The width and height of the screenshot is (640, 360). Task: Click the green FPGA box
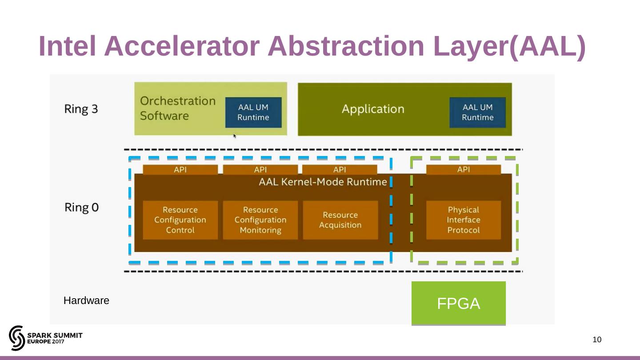[x=458, y=303]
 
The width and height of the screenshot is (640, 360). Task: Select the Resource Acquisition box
[x=340, y=220]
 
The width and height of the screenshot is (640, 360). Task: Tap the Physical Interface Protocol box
[x=463, y=220]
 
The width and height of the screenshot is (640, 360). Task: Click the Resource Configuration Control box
[x=180, y=220]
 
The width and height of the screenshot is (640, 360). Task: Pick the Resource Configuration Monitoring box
[x=260, y=220]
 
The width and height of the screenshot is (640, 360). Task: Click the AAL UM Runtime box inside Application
[x=477, y=112]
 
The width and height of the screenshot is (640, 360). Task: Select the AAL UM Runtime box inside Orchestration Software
[x=253, y=112]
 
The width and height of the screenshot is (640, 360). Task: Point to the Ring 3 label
[x=81, y=109]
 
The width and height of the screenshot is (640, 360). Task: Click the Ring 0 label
[x=81, y=207]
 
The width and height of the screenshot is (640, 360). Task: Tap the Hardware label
[x=86, y=301]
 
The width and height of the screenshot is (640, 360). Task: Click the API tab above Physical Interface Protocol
[x=463, y=169]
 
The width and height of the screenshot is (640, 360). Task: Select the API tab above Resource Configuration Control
[x=180, y=169]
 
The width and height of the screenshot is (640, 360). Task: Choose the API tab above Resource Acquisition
[x=340, y=169]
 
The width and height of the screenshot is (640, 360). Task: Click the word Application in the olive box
[x=373, y=109]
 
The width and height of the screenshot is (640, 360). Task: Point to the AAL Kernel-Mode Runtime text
[x=323, y=182]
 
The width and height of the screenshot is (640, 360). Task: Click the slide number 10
[x=597, y=340]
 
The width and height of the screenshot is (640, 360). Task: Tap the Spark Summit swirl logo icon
[x=17, y=338]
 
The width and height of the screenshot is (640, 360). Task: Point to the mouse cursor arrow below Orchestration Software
[x=235, y=136]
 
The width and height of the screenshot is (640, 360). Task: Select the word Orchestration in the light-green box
[x=178, y=101]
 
